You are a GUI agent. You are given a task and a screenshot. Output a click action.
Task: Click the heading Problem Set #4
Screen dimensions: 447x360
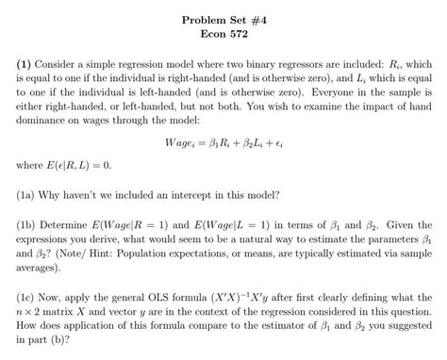[223, 16]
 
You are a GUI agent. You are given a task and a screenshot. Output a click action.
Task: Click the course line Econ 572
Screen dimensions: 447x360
[223, 30]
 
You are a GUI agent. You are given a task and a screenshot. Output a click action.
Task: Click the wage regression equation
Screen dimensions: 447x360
[223, 142]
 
